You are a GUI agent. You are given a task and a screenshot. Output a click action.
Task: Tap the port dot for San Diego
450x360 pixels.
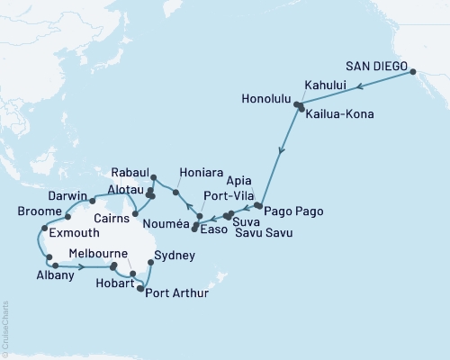[x=412, y=73]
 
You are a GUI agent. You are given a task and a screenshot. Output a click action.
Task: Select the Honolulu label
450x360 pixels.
[x=265, y=98]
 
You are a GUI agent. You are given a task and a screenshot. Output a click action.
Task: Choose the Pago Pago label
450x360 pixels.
[x=292, y=210]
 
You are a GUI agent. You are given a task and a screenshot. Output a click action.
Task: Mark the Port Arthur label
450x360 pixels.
[x=181, y=292]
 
